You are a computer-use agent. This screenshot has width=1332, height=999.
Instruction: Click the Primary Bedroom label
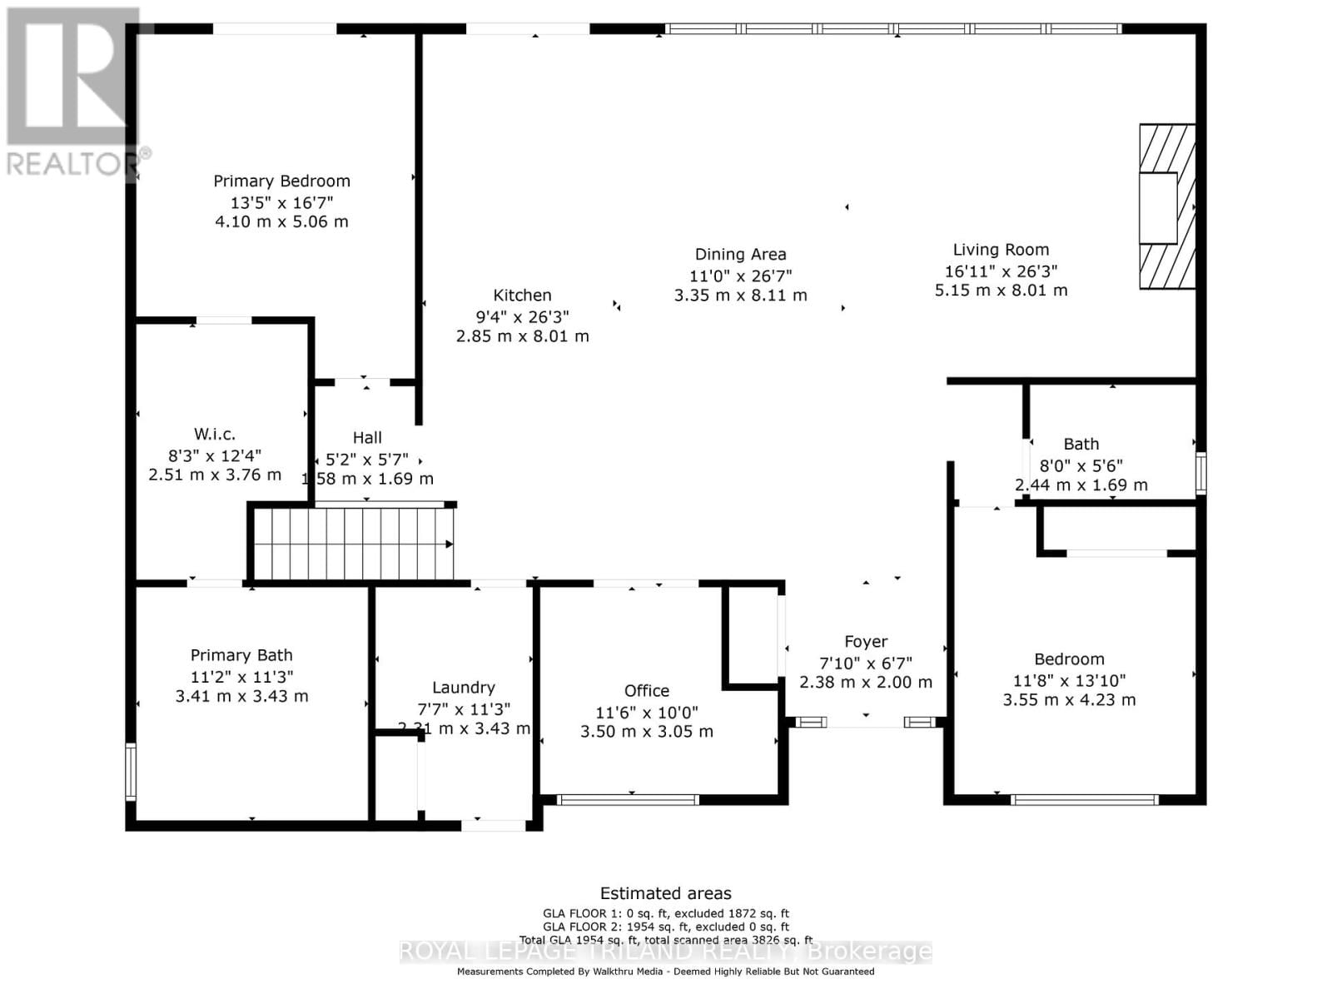click(x=281, y=181)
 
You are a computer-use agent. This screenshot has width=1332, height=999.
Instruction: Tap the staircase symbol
click(x=353, y=544)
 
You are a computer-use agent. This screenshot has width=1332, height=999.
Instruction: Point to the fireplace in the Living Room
click(x=1166, y=206)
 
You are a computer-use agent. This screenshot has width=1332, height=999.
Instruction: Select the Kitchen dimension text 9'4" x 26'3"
click(x=522, y=316)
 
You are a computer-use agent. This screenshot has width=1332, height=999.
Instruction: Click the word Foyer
click(x=865, y=641)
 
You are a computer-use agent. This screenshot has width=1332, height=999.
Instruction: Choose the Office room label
click(x=646, y=690)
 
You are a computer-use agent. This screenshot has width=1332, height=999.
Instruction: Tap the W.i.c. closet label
click(x=215, y=434)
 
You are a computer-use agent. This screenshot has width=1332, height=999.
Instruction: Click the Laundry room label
click(x=463, y=687)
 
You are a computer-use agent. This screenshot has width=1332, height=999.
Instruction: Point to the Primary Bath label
click(x=241, y=655)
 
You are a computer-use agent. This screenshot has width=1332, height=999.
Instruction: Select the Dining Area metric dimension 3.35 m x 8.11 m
click(x=740, y=295)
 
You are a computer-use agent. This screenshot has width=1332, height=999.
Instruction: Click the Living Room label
click(x=1001, y=249)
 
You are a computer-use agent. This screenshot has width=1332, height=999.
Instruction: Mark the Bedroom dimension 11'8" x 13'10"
click(x=1069, y=680)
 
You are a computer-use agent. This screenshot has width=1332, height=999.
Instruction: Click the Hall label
click(x=367, y=437)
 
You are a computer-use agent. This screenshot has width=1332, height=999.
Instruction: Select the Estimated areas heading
click(x=665, y=893)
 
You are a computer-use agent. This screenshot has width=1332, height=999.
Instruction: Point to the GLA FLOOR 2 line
click(x=665, y=927)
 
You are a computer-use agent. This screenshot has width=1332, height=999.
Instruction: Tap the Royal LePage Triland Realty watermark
click(x=665, y=951)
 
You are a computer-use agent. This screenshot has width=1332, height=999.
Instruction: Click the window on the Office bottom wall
click(x=628, y=800)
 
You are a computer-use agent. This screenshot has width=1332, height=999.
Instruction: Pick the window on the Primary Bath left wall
click(x=131, y=772)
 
